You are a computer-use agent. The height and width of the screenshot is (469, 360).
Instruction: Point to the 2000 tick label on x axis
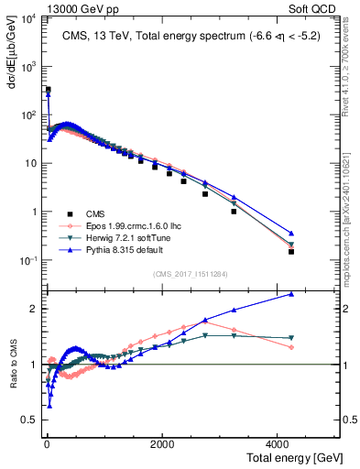coord(162,443)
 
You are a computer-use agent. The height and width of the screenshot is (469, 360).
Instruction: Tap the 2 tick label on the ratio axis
coord(36,309)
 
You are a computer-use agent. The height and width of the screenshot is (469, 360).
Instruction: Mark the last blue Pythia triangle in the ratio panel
coord(291,294)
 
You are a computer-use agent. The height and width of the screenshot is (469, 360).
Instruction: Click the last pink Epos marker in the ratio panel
coord(291,347)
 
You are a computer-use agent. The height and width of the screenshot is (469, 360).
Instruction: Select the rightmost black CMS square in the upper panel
coord(291,251)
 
